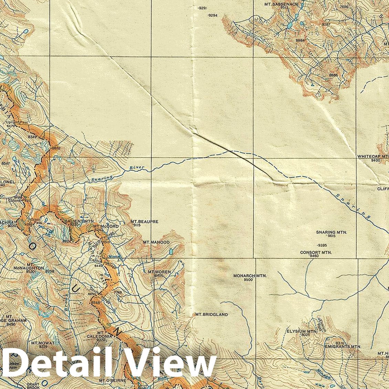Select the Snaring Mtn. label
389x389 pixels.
(x=332, y=232)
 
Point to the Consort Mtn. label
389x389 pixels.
(x=316, y=252)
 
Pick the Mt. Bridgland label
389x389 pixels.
(x=211, y=314)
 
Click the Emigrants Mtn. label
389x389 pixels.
(x=343, y=347)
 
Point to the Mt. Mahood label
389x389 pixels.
(x=156, y=242)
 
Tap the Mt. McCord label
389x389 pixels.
(x=106, y=227)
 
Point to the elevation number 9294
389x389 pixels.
(x=213, y=15)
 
